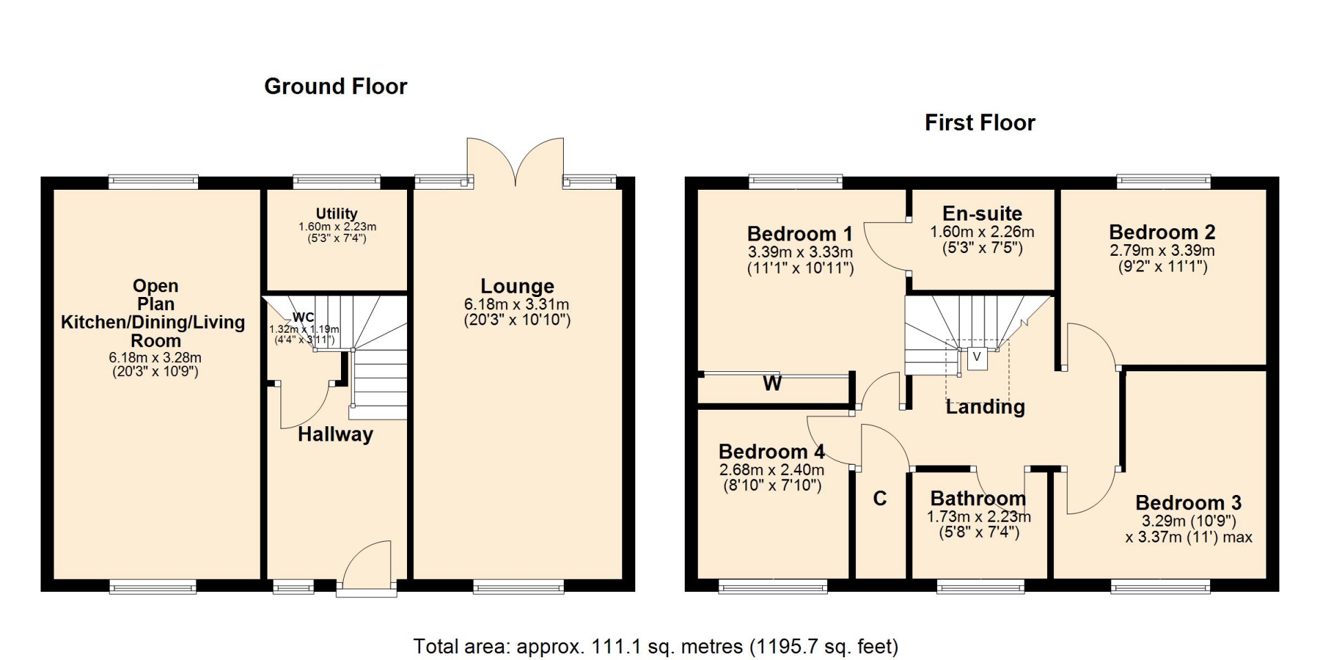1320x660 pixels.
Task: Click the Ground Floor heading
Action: pyautogui.click(x=335, y=87)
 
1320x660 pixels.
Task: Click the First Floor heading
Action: pyautogui.click(x=980, y=123)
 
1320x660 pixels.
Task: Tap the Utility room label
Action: pyautogui.click(x=337, y=214)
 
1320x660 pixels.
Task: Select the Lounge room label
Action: pyautogui.click(x=517, y=286)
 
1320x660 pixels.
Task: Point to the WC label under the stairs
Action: pyautogui.click(x=303, y=317)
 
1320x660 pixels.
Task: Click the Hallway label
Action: pyautogui.click(x=335, y=434)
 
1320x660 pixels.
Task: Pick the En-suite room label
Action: pyautogui.click(x=982, y=214)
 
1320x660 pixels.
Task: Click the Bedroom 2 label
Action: pyautogui.click(x=1163, y=232)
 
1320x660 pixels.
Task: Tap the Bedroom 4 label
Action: pyautogui.click(x=771, y=452)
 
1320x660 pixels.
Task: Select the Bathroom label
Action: pyautogui.click(x=978, y=498)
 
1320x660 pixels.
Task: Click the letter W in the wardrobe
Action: pyautogui.click(x=772, y=384)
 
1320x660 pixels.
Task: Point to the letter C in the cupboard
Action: pyautogui.click(x=880, y=498)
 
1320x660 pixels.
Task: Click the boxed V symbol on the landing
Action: pyautogui.click(x=977, y=357)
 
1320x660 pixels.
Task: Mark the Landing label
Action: pyautogui.click(x=985, y=407)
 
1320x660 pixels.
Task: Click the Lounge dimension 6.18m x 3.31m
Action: pyautogui.click(x=517, y=305)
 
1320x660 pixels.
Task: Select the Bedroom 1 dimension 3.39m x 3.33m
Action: pyautogui.click(x=800, y=252)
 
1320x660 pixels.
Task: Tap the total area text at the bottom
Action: pyautogui.click(x=656, y=647)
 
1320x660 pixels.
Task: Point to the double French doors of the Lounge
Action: pyautogui.click(x=516, y=162)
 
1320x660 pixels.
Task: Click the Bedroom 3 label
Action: pyautogui.click(x=1189, y=503)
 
